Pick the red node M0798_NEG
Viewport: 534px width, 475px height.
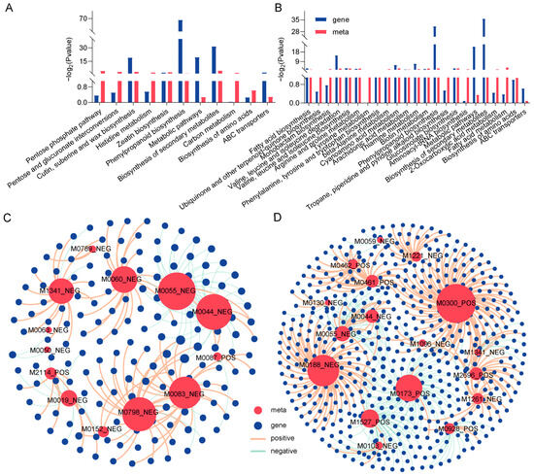140,412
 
